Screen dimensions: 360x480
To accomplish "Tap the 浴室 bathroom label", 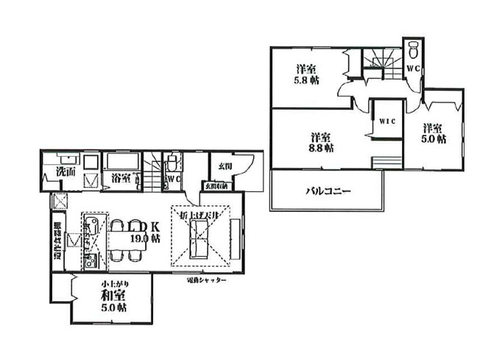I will (121, 177).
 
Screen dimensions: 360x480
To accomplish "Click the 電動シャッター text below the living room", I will (206, 280).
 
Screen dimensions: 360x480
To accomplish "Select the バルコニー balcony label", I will (328, 191).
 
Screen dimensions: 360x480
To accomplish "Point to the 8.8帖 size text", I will (321, 148).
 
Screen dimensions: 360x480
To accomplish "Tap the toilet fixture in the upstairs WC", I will (413, 51).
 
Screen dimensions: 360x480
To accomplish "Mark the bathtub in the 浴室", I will (121, 161).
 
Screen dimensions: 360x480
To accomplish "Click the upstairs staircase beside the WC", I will (381, 59).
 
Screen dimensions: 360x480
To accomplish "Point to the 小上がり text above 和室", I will (112, 283).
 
